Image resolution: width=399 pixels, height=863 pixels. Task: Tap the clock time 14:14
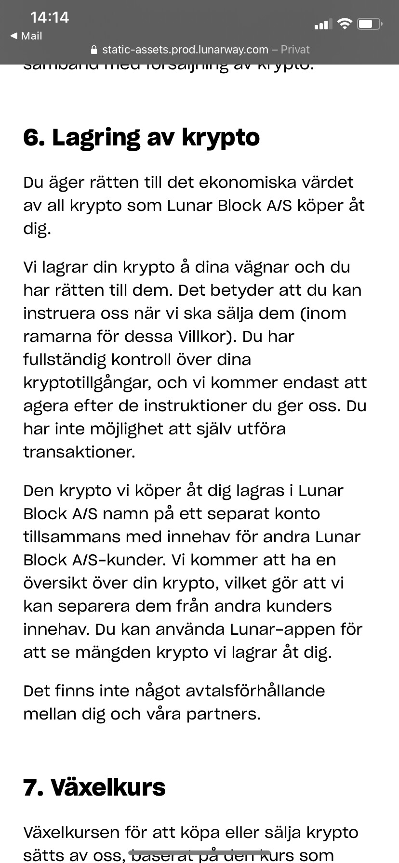pos(49,17)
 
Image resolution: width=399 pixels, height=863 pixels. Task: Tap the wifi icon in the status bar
pos(345,24)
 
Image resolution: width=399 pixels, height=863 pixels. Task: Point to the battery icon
pos(370,24)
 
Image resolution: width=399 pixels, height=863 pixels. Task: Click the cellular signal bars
pos(323,24)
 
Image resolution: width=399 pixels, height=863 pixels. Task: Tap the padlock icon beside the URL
pos(94,50)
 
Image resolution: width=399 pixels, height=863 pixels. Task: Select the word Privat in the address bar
pos(295,50)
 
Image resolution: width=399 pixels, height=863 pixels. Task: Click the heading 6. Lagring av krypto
pos(141,137)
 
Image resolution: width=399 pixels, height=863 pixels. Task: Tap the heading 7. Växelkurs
pos(94,787)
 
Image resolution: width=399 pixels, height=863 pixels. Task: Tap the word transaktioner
pos(79,452)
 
